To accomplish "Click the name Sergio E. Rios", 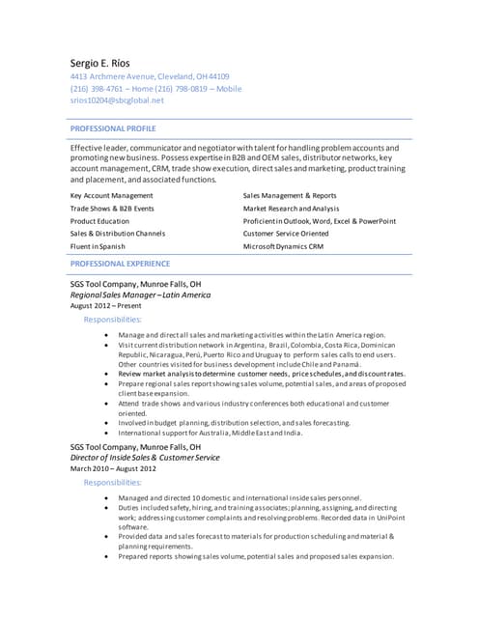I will (x=109, y=60).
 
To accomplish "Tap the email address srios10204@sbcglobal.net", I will (x=117, y=99).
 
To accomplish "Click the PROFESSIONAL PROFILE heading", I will (x=113, y=128).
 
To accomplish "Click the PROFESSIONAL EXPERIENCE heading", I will (x=120, y=263).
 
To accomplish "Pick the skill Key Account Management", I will (x=111, y=195).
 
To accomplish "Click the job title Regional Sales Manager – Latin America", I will (x=140, y=295).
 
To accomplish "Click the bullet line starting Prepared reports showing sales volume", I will (x=256, y=556).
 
